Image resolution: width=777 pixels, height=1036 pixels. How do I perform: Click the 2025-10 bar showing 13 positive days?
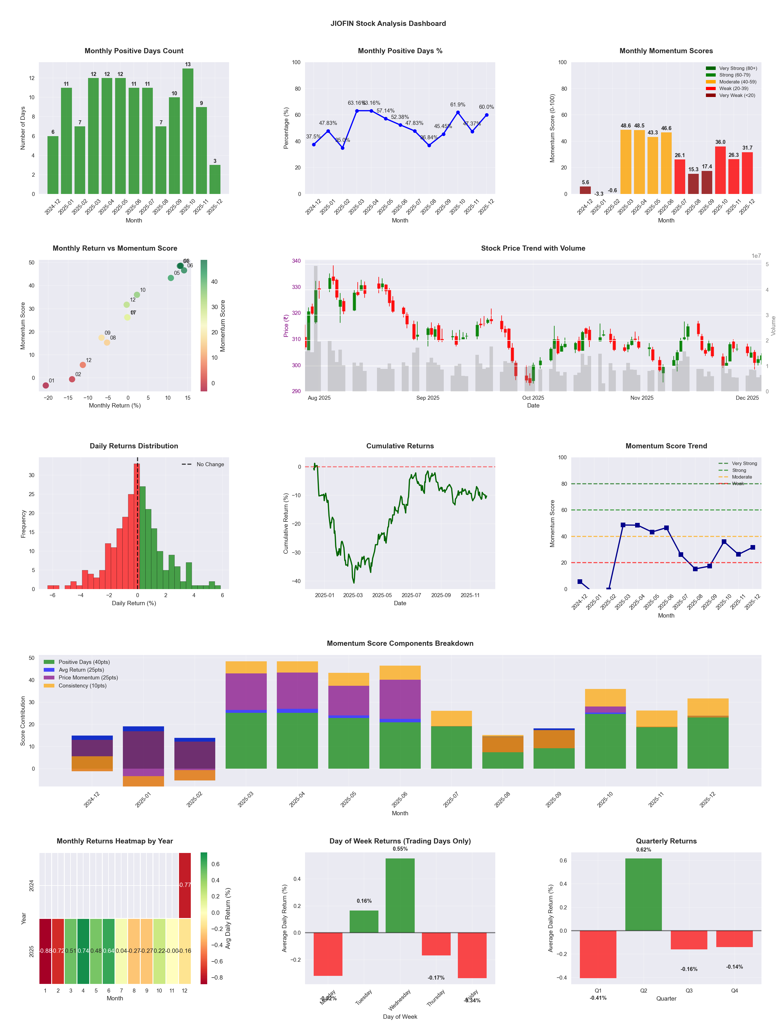(188, 131)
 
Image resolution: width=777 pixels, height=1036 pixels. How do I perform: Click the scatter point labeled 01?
(46, 385)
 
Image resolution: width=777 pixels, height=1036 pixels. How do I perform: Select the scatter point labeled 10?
(137, 295)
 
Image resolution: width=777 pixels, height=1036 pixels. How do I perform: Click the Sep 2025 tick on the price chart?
(428, 398)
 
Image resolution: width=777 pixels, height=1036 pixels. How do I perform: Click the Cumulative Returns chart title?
(400, 446)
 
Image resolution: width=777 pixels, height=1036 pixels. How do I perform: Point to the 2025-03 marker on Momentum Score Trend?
(623, 525)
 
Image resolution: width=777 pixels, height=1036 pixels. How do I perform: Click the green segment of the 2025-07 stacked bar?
(452, 747)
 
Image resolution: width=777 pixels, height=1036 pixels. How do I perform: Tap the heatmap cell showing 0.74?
(83, 951)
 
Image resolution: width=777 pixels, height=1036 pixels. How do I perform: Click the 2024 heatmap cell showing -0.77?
(185, 885)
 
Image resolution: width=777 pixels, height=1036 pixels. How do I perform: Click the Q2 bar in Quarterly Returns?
(643, 894)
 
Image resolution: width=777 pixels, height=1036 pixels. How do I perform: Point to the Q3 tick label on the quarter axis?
(689, 991)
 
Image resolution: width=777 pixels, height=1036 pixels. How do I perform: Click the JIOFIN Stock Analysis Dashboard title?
(388, 23)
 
